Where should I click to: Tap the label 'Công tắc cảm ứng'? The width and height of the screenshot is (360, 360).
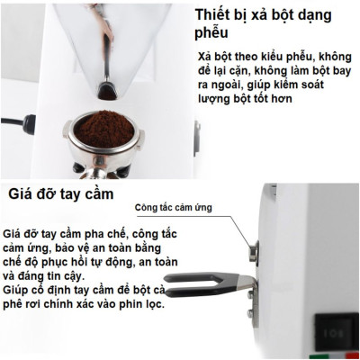point(174,208)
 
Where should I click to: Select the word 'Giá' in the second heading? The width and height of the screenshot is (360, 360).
point(22,193)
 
